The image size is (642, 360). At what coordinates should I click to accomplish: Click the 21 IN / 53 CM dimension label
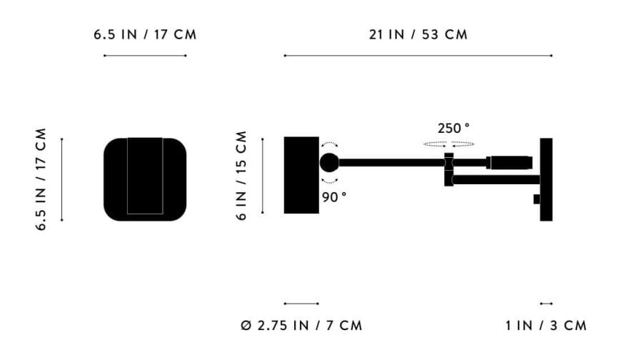pos(418,34)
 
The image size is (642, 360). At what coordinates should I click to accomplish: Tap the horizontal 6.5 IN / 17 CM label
pos(145,34)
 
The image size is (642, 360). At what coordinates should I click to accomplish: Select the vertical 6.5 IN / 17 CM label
pos(41,179)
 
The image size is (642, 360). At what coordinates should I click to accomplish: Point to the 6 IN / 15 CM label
pos(241,176)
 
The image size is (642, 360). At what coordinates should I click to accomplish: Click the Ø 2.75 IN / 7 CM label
pos(301,326)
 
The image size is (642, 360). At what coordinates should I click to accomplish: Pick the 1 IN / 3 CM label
pos(546,326)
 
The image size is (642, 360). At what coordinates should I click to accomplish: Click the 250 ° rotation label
pos(453,129)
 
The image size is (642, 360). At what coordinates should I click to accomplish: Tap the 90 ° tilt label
pos(333,197)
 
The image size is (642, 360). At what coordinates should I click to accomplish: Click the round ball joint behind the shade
pos(329,163)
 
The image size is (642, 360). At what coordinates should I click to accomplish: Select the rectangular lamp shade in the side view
pos(301,175)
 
